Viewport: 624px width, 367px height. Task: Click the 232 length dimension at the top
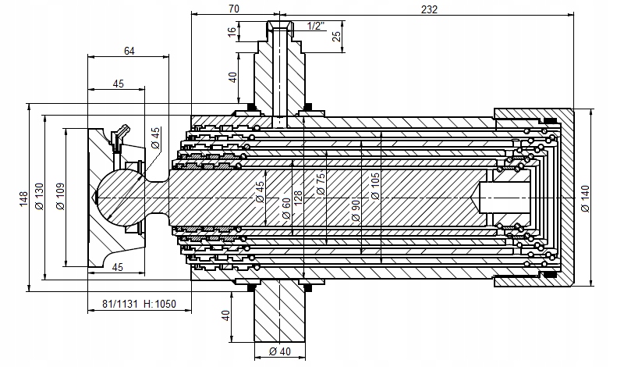(429, 9)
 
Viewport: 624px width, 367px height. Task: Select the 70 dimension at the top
(235, 9)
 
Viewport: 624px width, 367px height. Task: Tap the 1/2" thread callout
(316, 27)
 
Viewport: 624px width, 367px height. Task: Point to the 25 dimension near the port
(337, 36)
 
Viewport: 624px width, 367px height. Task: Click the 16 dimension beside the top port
(232, 32)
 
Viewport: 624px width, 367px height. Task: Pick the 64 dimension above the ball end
(129, 51)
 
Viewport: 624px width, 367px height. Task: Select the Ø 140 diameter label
(585, 198)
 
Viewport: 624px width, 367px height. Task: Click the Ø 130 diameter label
(39, 196)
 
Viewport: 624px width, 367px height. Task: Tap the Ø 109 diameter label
(60, 196)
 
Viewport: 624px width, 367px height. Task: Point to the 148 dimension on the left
(24, 199)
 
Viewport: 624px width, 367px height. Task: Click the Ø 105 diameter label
(375, 186)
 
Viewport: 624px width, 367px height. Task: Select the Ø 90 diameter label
(356, 210)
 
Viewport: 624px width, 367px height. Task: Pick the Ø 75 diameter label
(321, 183)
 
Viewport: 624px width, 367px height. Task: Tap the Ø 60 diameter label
(285, 209)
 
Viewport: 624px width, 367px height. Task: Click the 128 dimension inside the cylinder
(298, 199)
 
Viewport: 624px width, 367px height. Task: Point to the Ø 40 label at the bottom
(280, 351)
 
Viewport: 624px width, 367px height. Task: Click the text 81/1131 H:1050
(139, 304)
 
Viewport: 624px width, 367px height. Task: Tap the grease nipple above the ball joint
(119, 136)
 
